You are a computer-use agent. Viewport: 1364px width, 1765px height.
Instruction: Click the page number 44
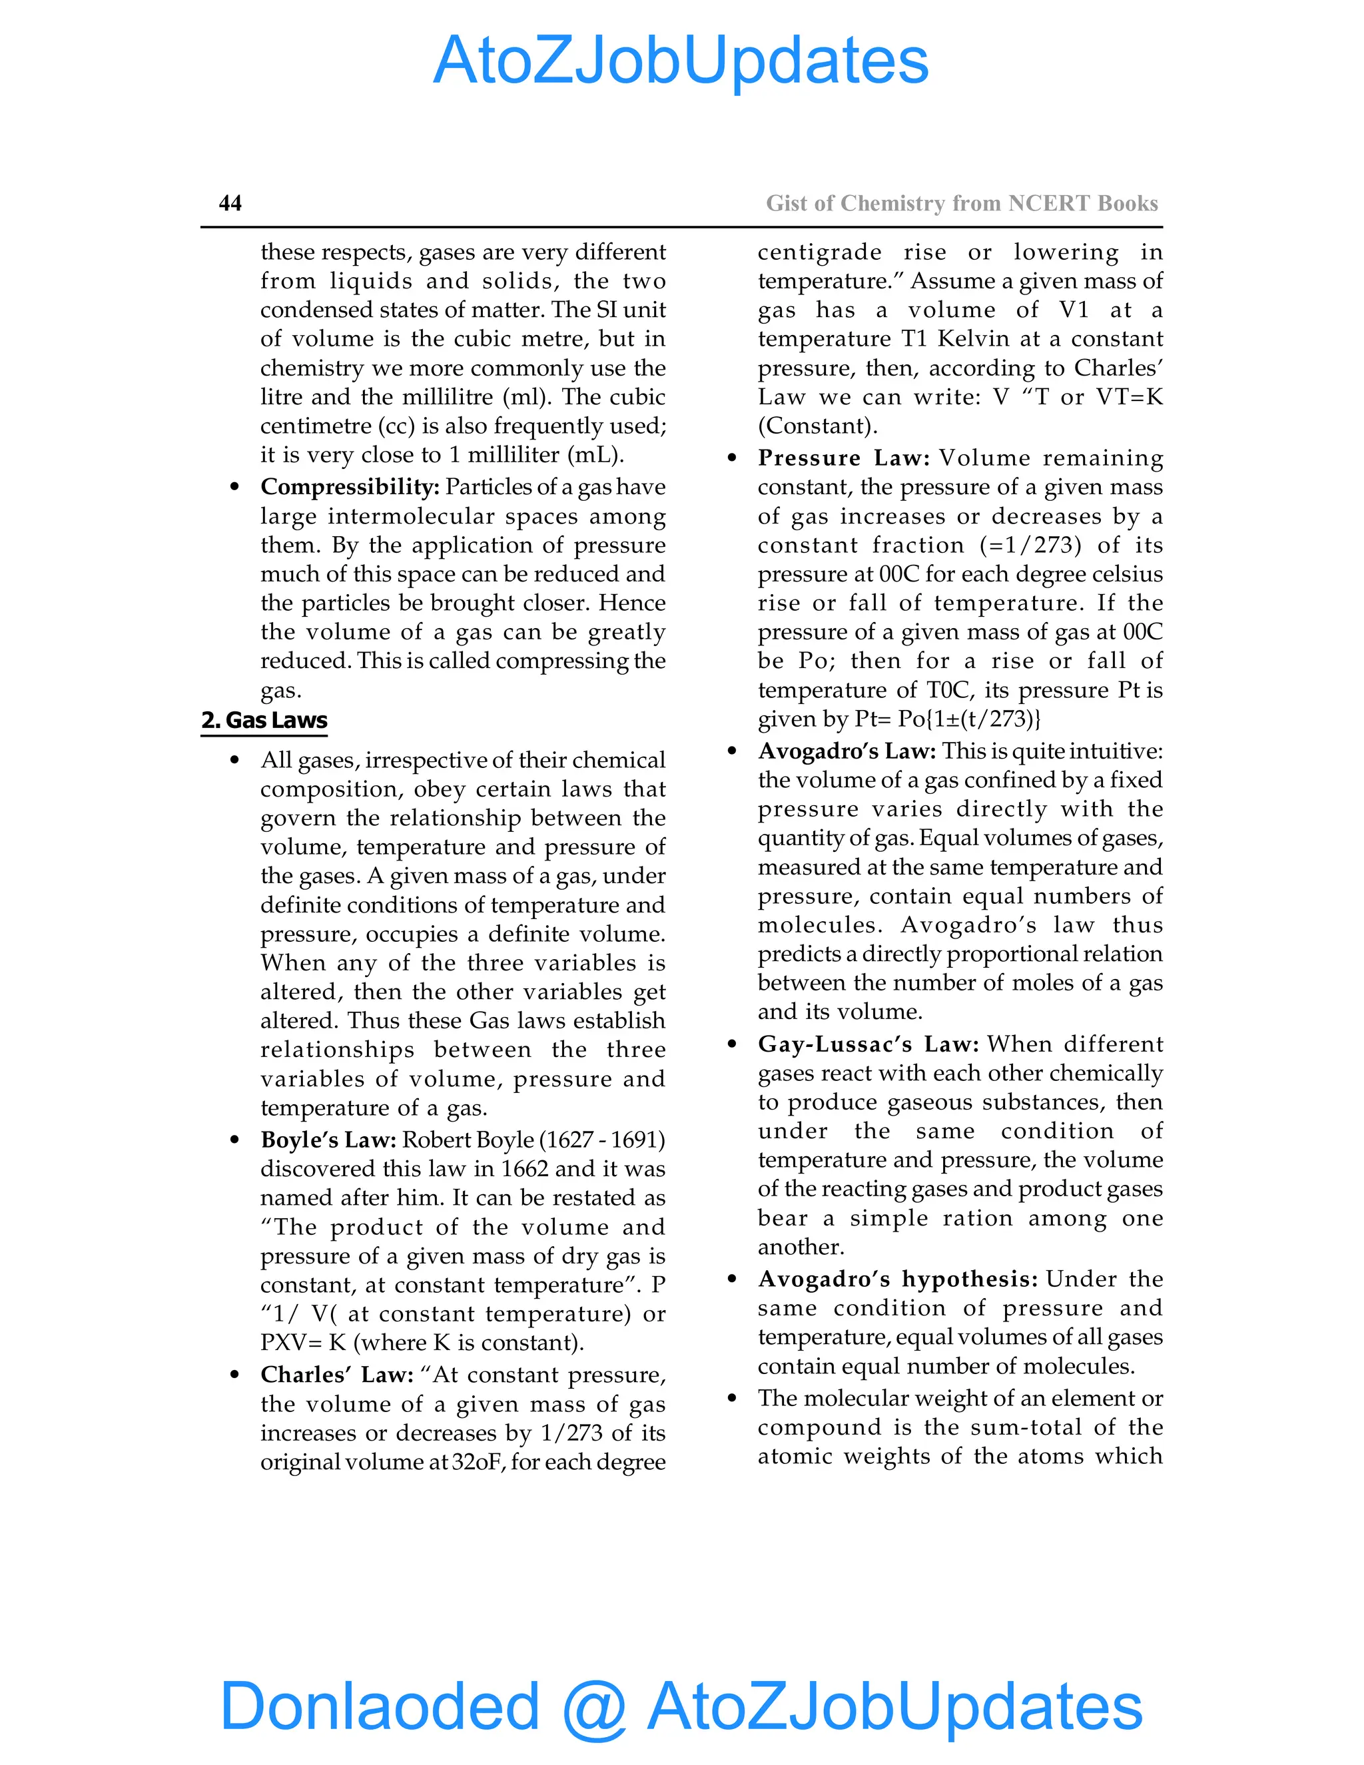(x=230, y=203)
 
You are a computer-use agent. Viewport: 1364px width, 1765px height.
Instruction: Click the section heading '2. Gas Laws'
(x=264, y=720)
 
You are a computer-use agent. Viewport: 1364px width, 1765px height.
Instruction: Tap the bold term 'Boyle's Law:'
(x=328, y=1140)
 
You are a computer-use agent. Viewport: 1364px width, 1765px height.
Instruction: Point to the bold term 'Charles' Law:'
(x=337, y=1375)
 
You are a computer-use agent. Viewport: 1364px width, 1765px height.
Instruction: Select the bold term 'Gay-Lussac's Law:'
(x=868, y=1045)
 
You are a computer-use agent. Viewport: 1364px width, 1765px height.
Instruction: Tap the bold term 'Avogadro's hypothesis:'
(x=898, y=1279)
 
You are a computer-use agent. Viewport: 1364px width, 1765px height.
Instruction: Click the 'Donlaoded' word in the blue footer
(x=380, y=1705)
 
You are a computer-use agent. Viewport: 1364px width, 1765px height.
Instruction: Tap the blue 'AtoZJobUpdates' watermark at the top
(x=681, y=61)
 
